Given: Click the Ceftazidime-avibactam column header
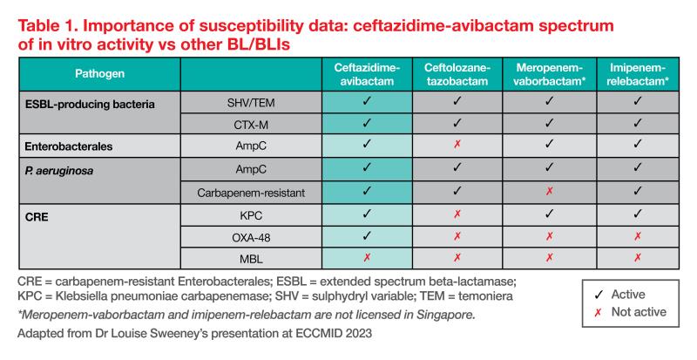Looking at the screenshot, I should click(367, 74).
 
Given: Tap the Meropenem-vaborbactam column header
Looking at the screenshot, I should click(548, 74).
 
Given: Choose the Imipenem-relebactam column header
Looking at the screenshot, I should click(639, 74).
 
